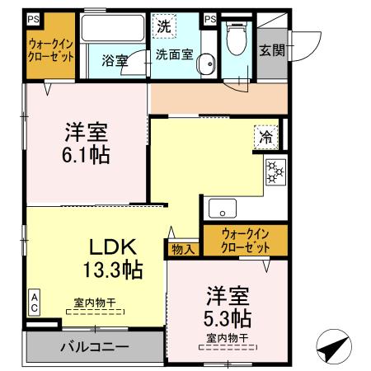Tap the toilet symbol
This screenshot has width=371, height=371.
point(237,37)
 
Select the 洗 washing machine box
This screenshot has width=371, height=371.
point(164,26)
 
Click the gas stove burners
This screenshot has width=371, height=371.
point(274,172)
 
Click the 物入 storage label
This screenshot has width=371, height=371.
point(182,248)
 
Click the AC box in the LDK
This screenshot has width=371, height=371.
point(35,301)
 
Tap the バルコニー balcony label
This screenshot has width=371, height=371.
point(93,346)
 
